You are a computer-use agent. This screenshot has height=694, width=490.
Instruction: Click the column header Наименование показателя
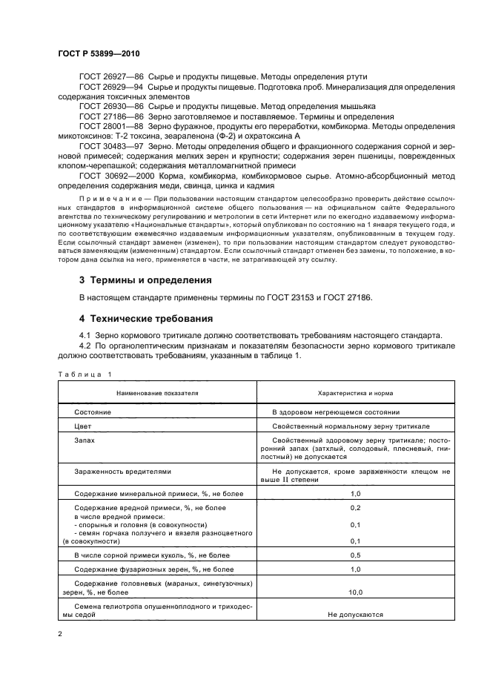tap(156, 392)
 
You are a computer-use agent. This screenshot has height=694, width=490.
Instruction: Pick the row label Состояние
tap(93, 412)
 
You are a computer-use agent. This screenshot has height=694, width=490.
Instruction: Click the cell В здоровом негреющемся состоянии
tap(336, 412)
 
